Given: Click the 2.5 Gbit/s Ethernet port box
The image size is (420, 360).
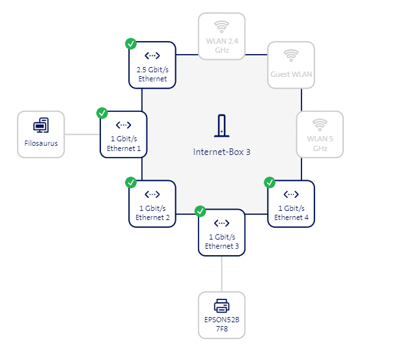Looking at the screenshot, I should click(x=152, y=65).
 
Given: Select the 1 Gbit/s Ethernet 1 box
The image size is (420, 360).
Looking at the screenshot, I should click(x=124, y=134).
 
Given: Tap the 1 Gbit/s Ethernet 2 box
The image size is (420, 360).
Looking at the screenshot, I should click(x=152, y=203).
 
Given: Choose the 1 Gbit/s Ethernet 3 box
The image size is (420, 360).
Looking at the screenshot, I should click(x=222, y=232).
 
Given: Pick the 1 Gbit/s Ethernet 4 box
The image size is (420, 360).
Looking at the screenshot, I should click(x=291, y=203).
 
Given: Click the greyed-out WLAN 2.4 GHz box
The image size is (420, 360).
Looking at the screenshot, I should click(x=222, y=36).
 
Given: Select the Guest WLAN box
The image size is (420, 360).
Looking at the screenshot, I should click(x=291, y=65).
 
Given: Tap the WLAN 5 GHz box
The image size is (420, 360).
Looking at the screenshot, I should click(x=319, y=134).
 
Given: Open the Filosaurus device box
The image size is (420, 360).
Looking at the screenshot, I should click(x=41, y=134).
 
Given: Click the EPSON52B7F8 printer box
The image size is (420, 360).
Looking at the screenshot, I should click(x=222, y=315).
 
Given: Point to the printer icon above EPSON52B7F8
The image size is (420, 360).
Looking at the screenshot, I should click(x=222, y=305).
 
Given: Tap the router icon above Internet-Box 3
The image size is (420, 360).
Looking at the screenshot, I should click(x=222, y=126).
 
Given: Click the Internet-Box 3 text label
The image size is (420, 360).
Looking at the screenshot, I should click(x=222, y=151).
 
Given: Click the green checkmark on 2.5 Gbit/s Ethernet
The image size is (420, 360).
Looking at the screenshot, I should click(x=131, y=44).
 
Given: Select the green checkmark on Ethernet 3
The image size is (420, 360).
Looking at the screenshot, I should click(x=201, y=211).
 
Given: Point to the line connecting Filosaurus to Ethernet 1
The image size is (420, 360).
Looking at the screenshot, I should click(x=83, y=134).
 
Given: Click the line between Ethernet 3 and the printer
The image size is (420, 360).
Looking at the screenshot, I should click(x=222, y=273).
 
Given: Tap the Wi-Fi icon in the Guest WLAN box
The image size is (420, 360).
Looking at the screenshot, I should click(x=291, y=55).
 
